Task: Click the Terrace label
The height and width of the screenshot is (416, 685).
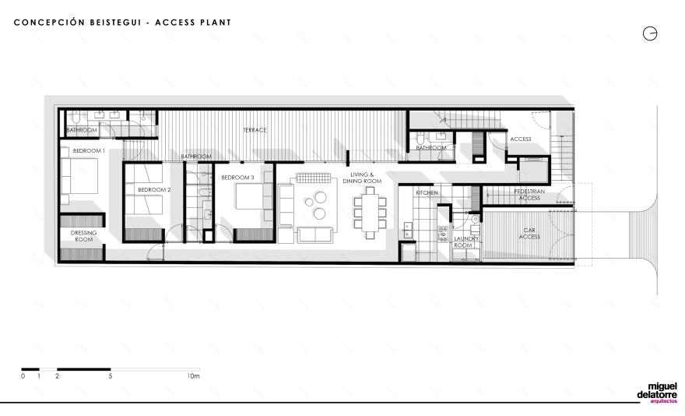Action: (255, 130)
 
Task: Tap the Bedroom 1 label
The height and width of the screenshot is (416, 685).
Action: (89, 150)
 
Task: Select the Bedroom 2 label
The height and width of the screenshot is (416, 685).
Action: (154, 190)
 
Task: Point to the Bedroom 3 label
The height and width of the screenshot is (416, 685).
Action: (237, 178)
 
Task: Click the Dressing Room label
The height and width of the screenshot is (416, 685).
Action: (83, 236)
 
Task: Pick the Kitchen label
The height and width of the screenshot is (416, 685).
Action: (427, 192)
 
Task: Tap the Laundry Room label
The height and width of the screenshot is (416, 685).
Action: (466, 242)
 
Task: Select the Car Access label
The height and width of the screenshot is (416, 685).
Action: (529, 233)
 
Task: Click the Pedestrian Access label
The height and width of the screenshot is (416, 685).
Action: (529, 195)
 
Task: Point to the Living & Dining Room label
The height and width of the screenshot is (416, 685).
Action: (362, 178)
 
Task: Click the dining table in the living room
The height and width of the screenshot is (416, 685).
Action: (370, 213)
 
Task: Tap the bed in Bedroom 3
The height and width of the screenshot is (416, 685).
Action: (250, 196)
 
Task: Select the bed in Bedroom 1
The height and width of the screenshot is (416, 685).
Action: (79, 175)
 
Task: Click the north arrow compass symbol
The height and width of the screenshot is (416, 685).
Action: (650, 33)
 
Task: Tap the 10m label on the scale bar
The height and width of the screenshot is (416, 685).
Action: (194, 375)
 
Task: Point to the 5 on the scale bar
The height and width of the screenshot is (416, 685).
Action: (110, 375)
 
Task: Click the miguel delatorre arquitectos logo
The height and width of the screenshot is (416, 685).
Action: (657, 393)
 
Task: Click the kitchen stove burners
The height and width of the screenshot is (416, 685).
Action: (443, 234)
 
